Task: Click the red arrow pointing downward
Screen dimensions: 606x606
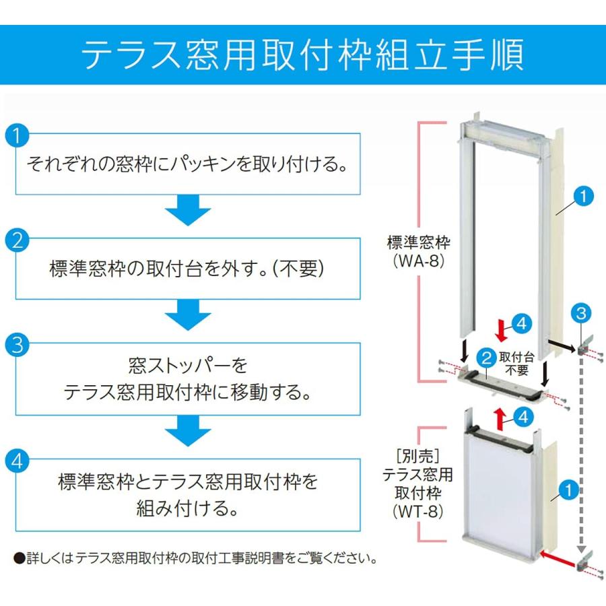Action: [500, 331]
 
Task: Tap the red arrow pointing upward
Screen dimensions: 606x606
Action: [500, 418]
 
